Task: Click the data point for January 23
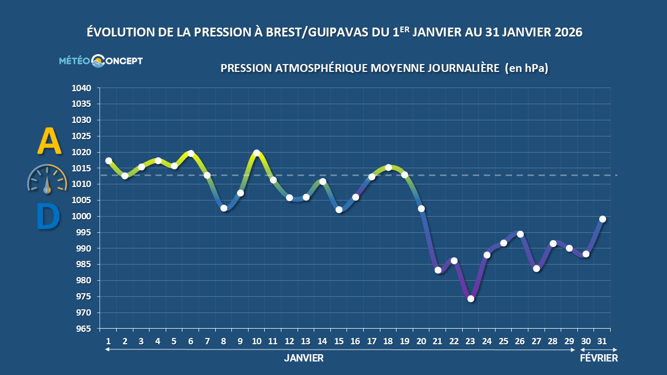pos(471,298)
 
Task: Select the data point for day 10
pos(256,153)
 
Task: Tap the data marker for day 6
pos(191,153)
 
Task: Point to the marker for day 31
pos(602,219)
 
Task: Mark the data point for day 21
pos(438,270)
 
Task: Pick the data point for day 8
pos(224,208)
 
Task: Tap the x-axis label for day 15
pos(339,341)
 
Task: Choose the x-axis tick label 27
pos(536,341)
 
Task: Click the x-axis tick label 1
pos(108,341)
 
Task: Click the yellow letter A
pos(49,142)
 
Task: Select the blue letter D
pos(48,217)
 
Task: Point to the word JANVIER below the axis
pos(304,358)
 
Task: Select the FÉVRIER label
pos(599,358)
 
